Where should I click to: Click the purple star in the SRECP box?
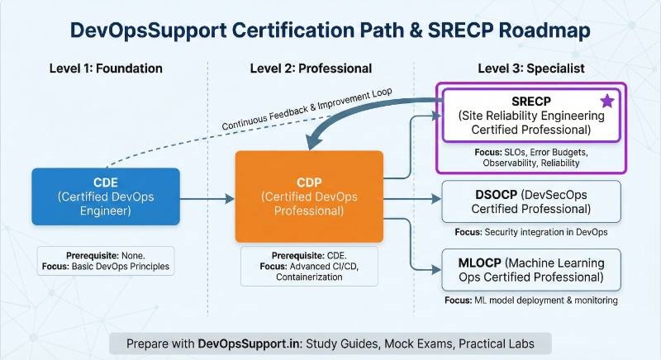coord(606,101)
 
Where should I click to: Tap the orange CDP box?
coord(309,196)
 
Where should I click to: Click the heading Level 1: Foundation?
coord(105,68)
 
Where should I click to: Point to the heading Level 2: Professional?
coord(311,68)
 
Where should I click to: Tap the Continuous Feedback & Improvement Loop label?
coord(306,107)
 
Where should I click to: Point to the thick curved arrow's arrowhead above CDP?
coord(314,142)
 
